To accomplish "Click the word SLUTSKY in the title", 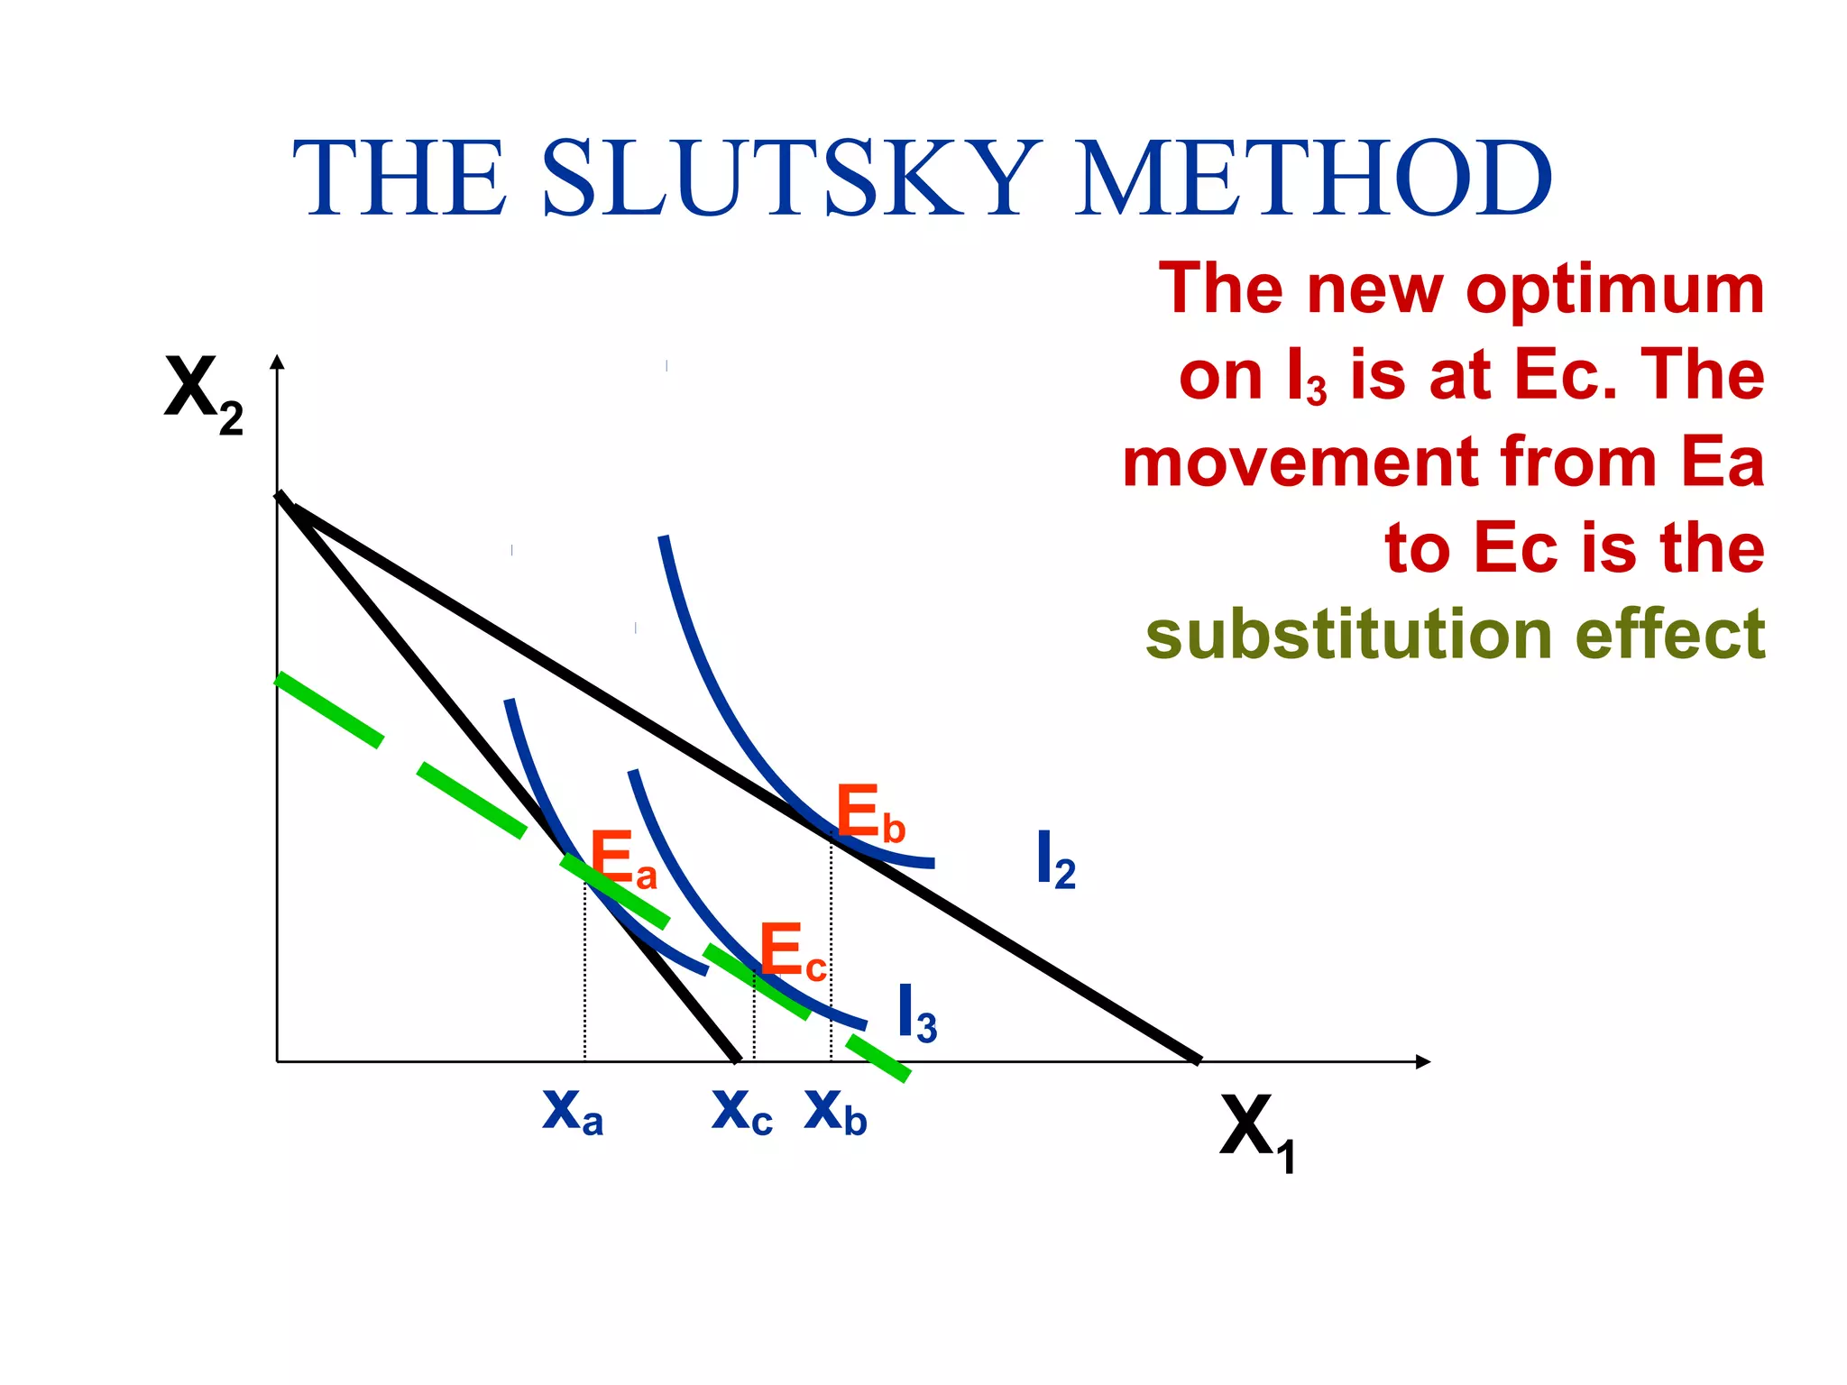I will click(788, 178).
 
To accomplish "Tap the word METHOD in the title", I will click(1313, 178).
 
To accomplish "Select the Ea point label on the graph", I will click(622, 861).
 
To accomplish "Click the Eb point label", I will click(869, 813).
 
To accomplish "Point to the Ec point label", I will click(792, 952).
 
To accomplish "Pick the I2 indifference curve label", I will click(1055, 861).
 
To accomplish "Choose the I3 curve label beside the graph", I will click(916, 1014).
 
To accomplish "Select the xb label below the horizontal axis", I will click(835, 1112).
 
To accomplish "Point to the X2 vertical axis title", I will click(204, 393).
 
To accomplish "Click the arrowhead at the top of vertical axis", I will click(278, 362).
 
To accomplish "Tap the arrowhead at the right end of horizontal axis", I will click(1422, 1061).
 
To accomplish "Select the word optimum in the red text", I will click(1614, 289).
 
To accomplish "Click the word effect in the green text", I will click(1669, 634).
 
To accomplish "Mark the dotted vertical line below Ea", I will click(584, 974).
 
